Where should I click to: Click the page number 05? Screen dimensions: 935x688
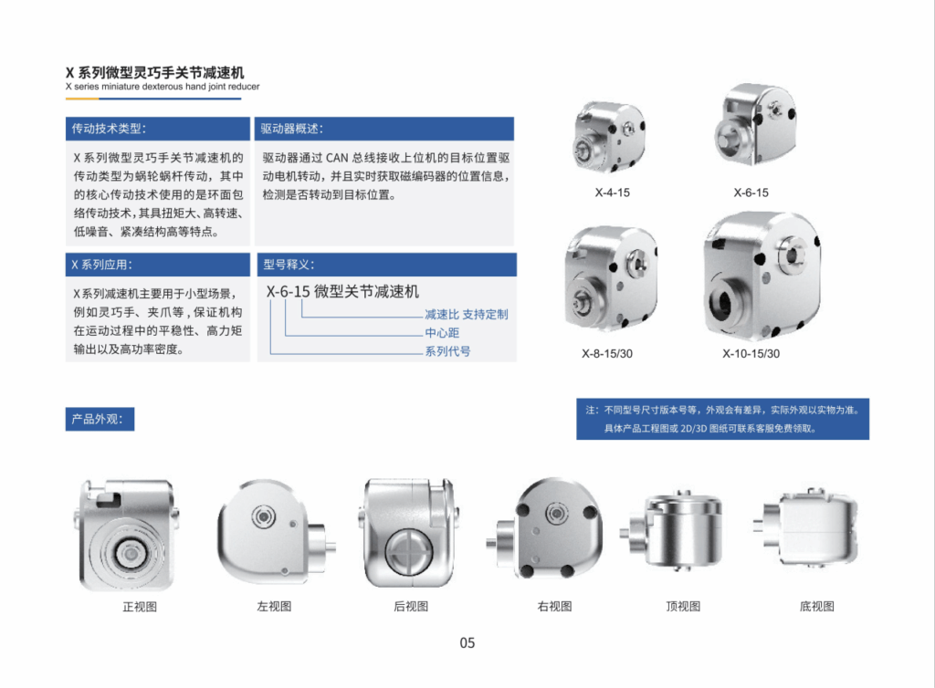467,642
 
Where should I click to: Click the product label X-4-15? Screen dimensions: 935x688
613,193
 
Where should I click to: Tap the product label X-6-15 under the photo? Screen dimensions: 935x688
751,193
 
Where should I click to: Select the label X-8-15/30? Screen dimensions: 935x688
607,353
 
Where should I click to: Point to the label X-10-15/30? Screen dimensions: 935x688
751,353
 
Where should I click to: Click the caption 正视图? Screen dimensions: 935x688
140,607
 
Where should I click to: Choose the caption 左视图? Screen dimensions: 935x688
274,606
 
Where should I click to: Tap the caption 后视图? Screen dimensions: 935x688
411,606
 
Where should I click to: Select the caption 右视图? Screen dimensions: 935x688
554,606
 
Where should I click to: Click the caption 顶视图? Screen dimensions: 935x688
683,606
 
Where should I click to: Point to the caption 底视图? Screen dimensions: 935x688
817,606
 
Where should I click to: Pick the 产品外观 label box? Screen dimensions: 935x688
100,419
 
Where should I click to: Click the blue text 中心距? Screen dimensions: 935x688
442,332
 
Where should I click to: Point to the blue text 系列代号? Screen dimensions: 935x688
447,351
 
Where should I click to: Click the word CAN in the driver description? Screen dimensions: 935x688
337,158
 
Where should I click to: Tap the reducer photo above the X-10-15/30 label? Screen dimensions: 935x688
762,276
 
